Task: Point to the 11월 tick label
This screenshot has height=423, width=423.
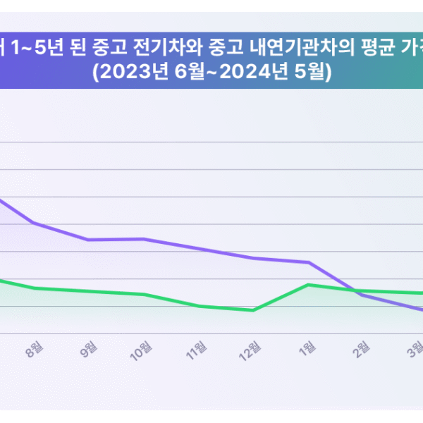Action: (198, 350)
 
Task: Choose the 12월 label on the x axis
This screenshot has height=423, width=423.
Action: (252, 350)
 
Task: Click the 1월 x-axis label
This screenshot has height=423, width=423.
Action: (308, 348)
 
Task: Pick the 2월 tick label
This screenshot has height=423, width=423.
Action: (362, 348)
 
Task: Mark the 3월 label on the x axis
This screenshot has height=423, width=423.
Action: (416, 348)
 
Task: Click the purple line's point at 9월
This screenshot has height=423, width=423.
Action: (89, 240)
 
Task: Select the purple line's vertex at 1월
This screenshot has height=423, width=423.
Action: (308, 262)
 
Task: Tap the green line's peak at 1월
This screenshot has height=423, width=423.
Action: (308, 284)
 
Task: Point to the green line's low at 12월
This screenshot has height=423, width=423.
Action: (253, 310)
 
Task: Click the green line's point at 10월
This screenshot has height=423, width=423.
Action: (144, 295)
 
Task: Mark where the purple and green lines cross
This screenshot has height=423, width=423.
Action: (352, 290)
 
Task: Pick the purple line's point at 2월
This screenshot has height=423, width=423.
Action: (362, 295)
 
